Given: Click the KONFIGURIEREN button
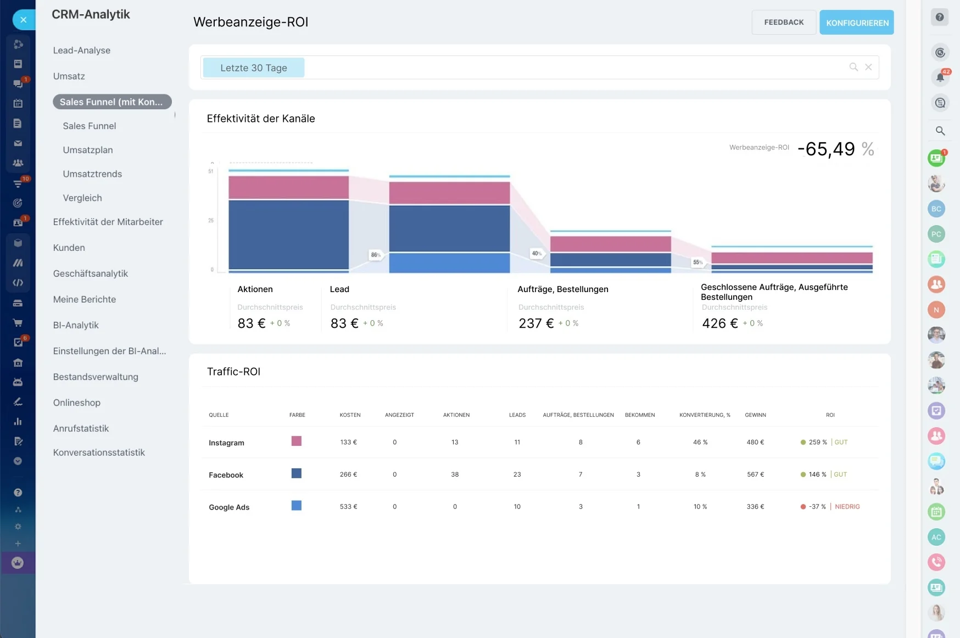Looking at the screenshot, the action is tap(857, 23).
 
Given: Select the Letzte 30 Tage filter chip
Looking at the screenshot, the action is tap(254, 68).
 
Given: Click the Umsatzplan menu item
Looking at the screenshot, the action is tap(88, 150).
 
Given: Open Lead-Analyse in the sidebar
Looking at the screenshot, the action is tap(82, 51).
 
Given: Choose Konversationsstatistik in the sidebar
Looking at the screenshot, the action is tap(99, 452).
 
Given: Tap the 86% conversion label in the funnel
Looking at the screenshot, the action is tap(376, 255).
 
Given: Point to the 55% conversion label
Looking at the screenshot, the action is tap(698, 262).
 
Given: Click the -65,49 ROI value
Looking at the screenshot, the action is tap(827, 149).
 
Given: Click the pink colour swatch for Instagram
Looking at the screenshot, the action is tap(297, 441).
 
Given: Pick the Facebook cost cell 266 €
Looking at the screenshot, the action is tap(348, 474).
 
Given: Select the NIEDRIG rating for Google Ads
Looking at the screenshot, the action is tap(847, 507).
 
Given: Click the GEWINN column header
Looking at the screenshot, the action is tap(756, 415).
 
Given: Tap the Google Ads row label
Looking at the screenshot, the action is tap(229, 507).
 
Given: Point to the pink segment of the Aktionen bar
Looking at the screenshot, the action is tap(289, 187).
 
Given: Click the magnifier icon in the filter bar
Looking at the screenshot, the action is tap(853, 67).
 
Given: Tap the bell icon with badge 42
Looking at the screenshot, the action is tap(940, 77).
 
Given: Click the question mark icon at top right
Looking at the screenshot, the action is tap(940, 18).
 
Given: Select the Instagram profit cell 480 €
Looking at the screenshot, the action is tap(755, 442).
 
